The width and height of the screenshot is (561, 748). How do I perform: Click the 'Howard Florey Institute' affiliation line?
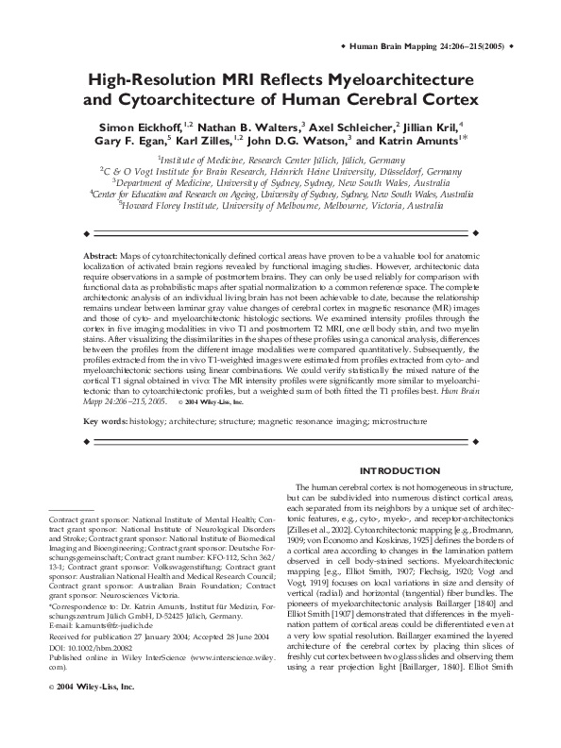click(x=280, y=202)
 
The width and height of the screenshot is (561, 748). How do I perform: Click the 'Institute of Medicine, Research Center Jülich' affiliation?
click(x=280, y=161)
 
